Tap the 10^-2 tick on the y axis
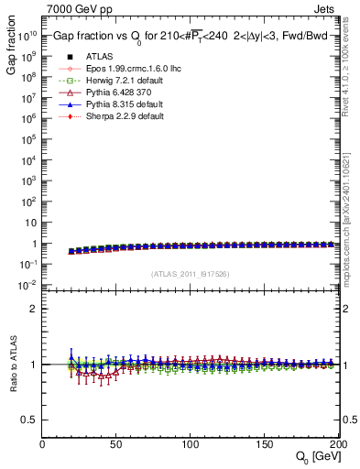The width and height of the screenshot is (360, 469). tap(28, 285)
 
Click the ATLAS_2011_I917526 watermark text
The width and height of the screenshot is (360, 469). tap(190, 275)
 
